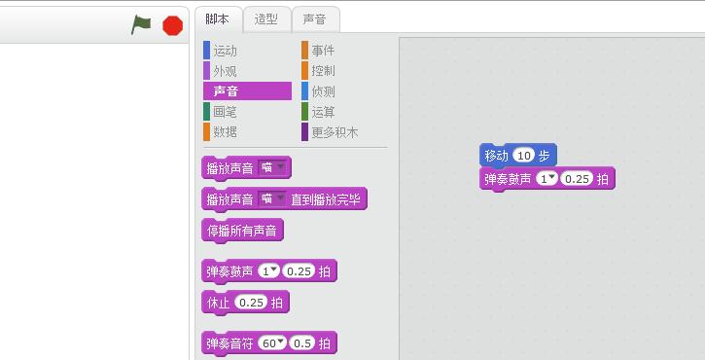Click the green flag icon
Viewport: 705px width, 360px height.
point(142,25)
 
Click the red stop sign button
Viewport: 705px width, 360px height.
point(173,25)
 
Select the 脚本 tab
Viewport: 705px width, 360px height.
point(218,18)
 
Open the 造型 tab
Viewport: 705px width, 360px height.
point(266,18)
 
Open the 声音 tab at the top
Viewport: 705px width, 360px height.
point(314,18)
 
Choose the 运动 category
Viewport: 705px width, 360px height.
point(225,50)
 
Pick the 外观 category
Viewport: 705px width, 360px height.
point(225,71)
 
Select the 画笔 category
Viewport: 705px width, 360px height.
point(225,112)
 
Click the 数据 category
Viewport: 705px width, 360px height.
point(225,131)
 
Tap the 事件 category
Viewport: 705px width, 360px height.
point(323,50)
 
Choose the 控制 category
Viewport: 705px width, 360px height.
point(323,71)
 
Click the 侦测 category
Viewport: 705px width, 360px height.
point(323,91)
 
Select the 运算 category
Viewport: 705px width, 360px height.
point(323,112)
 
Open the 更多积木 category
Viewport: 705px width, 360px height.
point(334,131)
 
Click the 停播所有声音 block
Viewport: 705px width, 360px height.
point(242,231)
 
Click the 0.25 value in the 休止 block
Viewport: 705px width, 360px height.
point(251,303)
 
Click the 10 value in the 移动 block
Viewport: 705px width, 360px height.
point(524,156)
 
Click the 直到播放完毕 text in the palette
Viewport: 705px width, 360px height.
point(326,199)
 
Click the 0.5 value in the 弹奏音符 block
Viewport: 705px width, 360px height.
point(302,343)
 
